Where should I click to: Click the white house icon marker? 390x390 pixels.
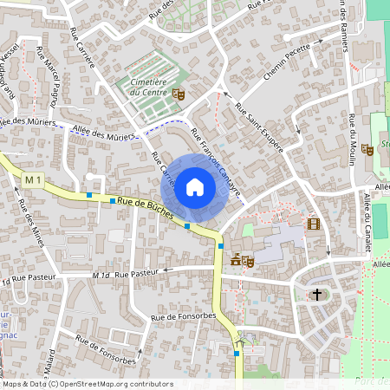point(195,186)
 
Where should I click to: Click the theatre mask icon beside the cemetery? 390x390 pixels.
point(179,94)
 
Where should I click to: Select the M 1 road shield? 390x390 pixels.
point(33,179)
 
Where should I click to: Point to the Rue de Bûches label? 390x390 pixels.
point(145,207)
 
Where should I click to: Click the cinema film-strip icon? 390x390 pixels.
point(313,224)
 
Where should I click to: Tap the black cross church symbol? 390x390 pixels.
point(317,295)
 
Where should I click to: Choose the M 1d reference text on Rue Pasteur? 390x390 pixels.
point(101,275)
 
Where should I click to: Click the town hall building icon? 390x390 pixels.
point(235,258)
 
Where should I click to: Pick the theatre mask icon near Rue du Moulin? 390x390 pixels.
point(368,149)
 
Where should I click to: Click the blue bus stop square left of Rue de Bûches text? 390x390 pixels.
point(88,195)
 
